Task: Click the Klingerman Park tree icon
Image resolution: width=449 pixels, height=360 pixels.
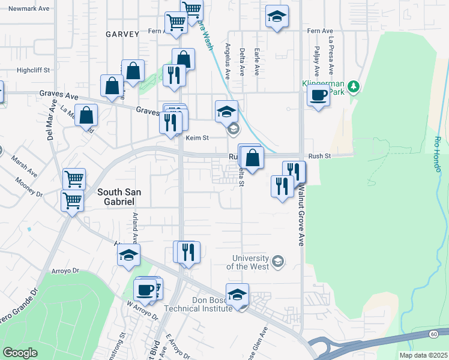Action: (x=354, y=88)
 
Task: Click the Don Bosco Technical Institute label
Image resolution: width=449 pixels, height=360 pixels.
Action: (x=203, y=304)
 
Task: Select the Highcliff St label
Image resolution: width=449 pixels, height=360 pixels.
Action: (x=33, y=70)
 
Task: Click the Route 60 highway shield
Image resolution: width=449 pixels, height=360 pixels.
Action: (x=433, y=334)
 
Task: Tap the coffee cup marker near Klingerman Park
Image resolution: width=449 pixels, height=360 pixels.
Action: (x=318, y=94)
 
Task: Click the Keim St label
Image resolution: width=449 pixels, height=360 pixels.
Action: (x=196, y=138)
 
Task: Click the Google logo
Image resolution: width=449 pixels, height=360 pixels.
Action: (x=20, y=353)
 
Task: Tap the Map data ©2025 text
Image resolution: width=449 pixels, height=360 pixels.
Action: (x=423, y=355)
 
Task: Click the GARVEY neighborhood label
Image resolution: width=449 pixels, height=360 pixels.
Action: (x=122, y=34)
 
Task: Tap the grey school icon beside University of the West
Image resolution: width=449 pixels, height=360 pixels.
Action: (x=277, y=261)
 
